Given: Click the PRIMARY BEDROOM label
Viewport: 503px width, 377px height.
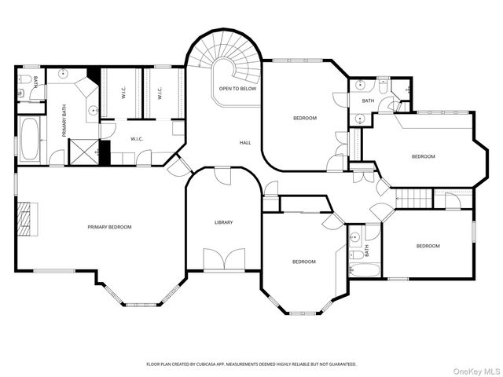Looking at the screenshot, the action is click(109, 227).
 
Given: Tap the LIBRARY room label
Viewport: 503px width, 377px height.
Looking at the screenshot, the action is click(223, 222).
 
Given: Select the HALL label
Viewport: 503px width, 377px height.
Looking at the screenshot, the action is click(245, 143).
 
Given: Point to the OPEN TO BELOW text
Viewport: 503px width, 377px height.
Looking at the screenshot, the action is click(237, 89).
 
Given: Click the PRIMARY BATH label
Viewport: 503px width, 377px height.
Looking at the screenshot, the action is click(64, 121).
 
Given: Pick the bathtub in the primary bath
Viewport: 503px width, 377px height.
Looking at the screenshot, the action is click(30, 140).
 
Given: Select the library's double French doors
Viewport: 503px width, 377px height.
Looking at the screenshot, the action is click(224, 259).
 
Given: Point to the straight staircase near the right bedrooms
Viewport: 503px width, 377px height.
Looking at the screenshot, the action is click(413, 199).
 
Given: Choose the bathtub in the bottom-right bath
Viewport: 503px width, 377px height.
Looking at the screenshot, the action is click(365, 270).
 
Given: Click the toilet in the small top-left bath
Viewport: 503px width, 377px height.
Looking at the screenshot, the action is click(24, 78).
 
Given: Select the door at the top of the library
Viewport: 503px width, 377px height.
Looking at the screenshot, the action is click(222, 176).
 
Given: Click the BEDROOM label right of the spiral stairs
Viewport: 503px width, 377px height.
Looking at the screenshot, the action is click(305, 118).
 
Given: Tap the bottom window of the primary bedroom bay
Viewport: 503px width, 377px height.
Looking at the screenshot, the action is click(141, 305).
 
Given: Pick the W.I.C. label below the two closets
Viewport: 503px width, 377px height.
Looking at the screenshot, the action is click(137, 139).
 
